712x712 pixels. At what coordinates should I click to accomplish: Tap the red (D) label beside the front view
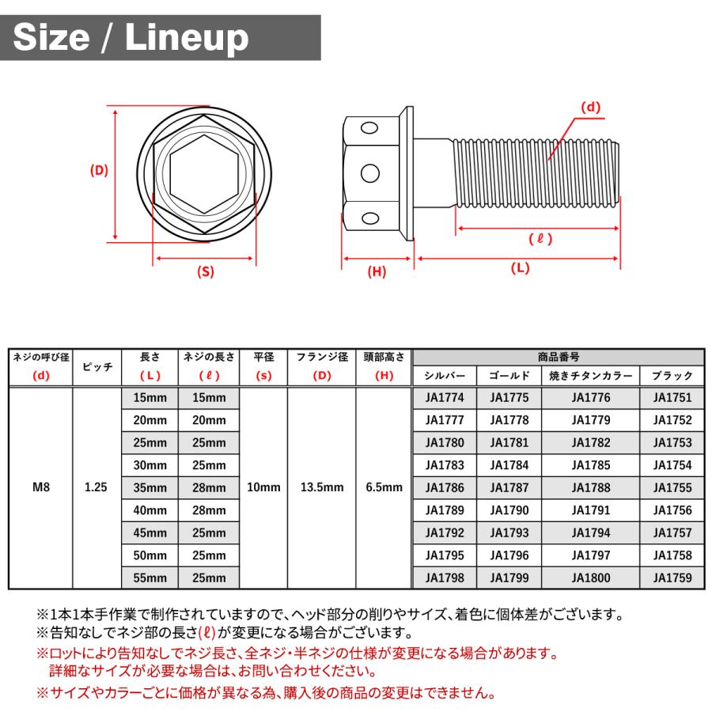pos(99,170)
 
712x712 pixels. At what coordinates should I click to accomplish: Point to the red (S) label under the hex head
pos(205,271)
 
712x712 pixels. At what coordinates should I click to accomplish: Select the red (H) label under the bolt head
pos(377,271)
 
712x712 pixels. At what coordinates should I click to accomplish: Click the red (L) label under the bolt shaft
pos(520,268)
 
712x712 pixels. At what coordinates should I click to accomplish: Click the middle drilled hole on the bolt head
pos(369,172)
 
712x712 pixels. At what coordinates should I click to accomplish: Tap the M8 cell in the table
pos(40,487)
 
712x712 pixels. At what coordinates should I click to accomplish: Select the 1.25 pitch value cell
pos(96,487)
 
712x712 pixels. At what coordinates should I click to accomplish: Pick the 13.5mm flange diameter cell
pos(322,487)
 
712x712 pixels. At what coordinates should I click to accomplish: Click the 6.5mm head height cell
pos(384,487)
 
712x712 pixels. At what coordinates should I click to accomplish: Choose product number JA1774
pos(445,398)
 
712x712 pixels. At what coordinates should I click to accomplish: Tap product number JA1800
pos(590,578)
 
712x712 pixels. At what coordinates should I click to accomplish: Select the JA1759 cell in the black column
pos(672,578)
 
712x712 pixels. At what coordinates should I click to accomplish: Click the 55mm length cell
pos(150,578)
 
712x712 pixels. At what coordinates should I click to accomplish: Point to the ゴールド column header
pos(509,376)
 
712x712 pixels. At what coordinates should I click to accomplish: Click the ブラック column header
pos(672,376)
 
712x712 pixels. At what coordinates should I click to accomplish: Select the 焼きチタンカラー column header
pos(590,376)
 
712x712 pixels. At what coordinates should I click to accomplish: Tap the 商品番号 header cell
pos(558,357)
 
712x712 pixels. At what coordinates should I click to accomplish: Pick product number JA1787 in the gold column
pos(509,488)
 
